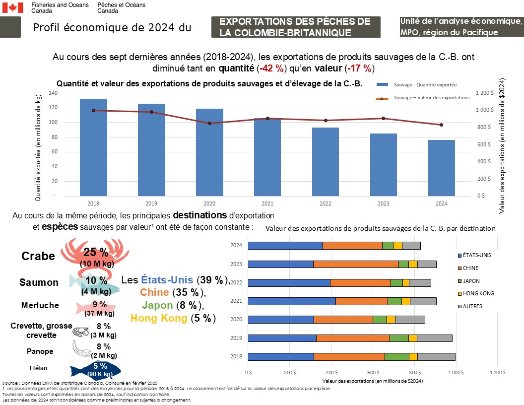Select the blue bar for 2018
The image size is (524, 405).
(x=93, y=147)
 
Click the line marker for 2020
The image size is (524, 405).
(x=209, y=123)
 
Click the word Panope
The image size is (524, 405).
(x=40, y=351)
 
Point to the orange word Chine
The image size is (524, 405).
(x=154, y=292)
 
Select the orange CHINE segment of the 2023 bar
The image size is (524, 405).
(x=356, y=264)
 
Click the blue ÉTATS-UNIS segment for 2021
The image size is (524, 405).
(x=291, y=301)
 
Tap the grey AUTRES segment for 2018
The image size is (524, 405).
(x=436, y=356)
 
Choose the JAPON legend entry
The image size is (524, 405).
(x=470, y=280)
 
